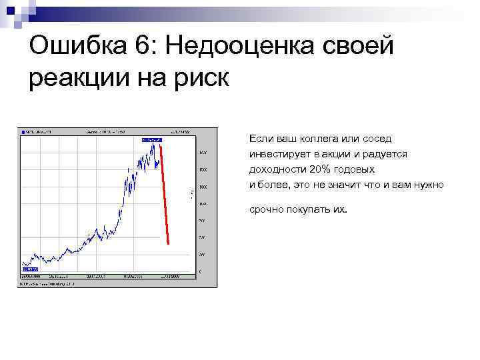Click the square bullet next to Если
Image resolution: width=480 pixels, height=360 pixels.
241,139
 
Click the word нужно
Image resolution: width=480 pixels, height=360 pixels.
429,185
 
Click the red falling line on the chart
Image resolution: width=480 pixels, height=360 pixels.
165,193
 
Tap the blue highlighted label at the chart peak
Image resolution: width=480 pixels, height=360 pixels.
152,140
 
